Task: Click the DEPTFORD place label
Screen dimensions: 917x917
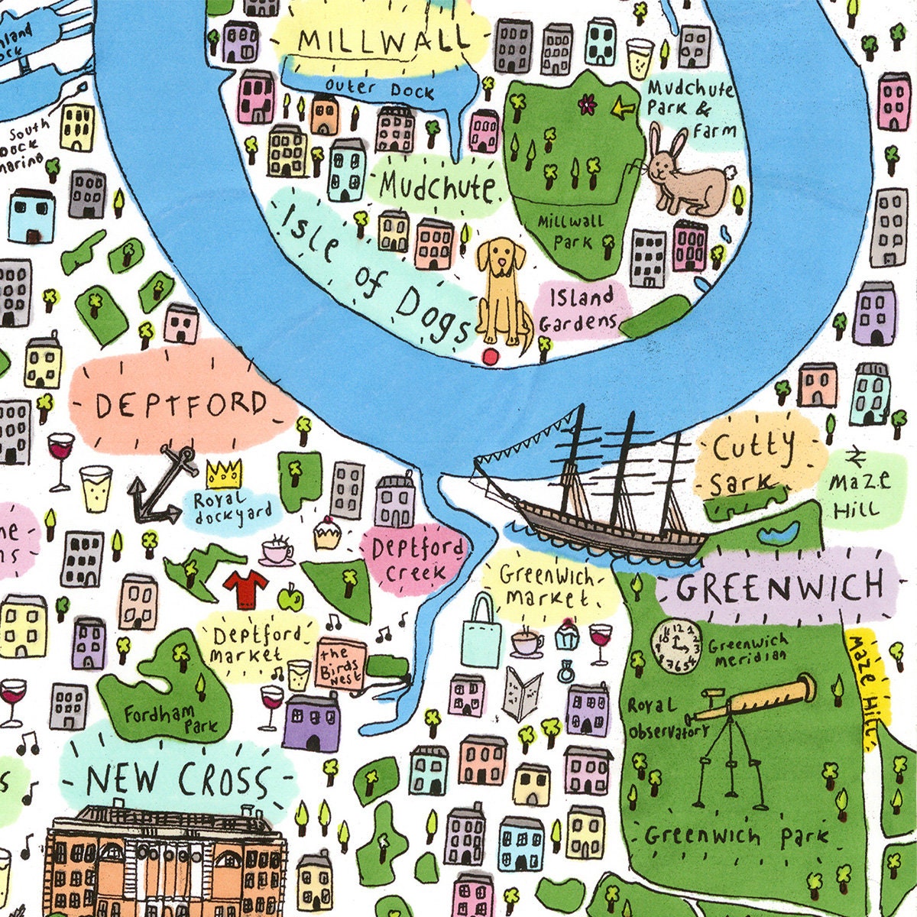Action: [x=182, y=404]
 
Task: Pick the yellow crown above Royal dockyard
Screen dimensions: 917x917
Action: [x=224, y=475]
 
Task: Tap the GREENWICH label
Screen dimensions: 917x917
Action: [x=779, y=587]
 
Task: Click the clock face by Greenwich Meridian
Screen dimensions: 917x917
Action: [x=676, y=646]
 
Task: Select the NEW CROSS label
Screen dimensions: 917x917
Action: [x=178, y=780]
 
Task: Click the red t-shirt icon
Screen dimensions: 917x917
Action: [x=245, y=588]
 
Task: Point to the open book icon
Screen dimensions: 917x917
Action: [x=523, y=692]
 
